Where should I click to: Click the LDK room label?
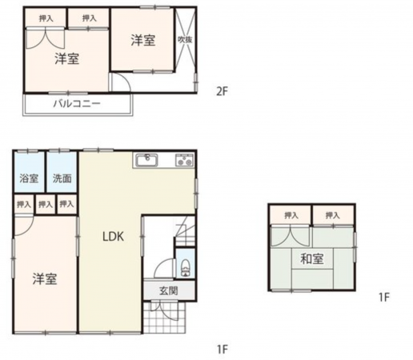pos(111,237)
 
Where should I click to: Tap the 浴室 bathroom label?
pos(29,178)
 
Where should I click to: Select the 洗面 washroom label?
pos(62,178)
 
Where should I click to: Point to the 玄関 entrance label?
pos(168,290)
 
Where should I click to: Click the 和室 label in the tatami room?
pos(312,258)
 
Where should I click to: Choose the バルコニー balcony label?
pos(77,104)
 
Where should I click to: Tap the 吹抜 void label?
pos(185,39)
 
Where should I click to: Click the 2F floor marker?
pos(222,90)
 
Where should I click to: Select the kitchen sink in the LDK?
pos(147,161)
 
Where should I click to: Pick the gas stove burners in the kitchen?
pos(183,161)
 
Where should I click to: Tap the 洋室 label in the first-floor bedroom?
pos(45,278)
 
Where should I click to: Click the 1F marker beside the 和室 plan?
pos(383,298)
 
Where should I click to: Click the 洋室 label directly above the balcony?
pos(67,58)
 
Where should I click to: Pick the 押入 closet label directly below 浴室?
pos(22,205)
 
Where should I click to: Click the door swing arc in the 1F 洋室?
pos(25,226)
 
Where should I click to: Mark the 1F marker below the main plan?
pos(222,349)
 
